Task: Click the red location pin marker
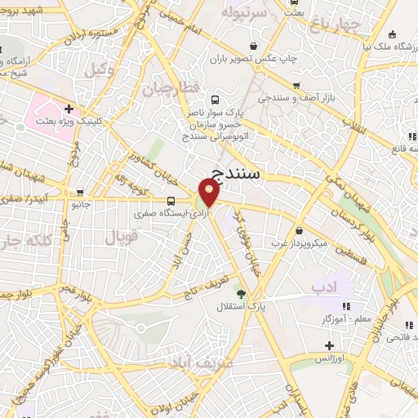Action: pyautogui.click(x=209, y=193)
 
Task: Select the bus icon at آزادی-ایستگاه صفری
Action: pyautogui.click(x=171, y=201)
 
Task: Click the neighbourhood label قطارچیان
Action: pyautogui.click(x=170, y=87)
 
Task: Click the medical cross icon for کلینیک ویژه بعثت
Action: pyautogui.click(x=69, y=108)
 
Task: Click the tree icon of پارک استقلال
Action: pyautogui.click(x=240, y=294)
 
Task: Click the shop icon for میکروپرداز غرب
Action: pyautogui.click(x=300, y=231)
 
